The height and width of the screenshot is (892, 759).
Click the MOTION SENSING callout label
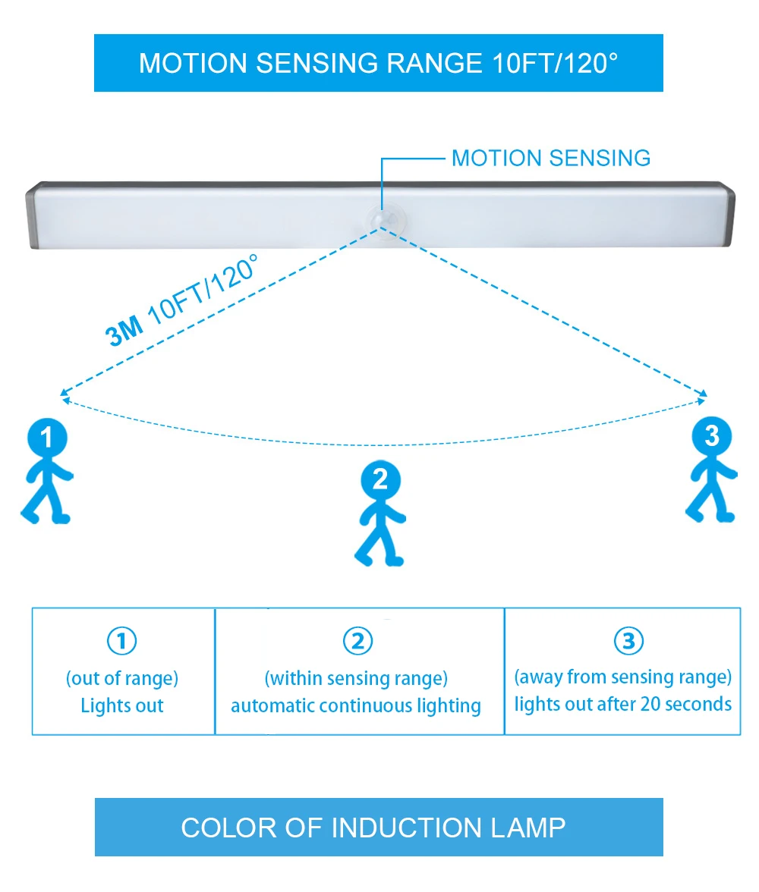pos(550,159)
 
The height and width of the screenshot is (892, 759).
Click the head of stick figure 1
pos(47,438)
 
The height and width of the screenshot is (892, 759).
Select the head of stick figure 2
pos(380,479)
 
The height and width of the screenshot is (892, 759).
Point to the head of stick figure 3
pos(711,435)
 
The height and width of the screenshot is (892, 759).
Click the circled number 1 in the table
pos(122,642)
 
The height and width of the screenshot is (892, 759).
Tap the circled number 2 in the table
pos(358,642)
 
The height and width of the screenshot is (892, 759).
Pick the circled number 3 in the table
pos(628,642)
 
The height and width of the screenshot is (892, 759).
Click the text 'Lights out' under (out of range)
pos(122,705)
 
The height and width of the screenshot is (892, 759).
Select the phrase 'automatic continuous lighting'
pos(356,706)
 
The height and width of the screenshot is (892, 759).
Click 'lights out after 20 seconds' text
pos(623,704)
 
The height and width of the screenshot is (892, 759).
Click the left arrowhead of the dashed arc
pos(65,394)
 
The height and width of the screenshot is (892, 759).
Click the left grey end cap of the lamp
pos(30,215)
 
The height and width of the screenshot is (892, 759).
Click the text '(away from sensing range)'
pos(623,676)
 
